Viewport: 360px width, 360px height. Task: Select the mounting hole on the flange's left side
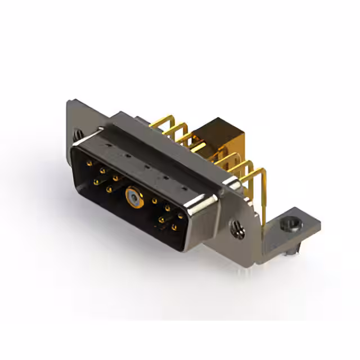pos(79,135)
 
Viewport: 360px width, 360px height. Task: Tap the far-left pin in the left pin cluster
pos(89,164)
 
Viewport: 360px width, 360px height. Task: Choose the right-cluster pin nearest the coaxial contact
pos(155,200)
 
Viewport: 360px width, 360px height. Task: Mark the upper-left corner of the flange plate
pos(69,103)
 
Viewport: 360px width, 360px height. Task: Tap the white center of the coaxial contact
pos(131,196)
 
